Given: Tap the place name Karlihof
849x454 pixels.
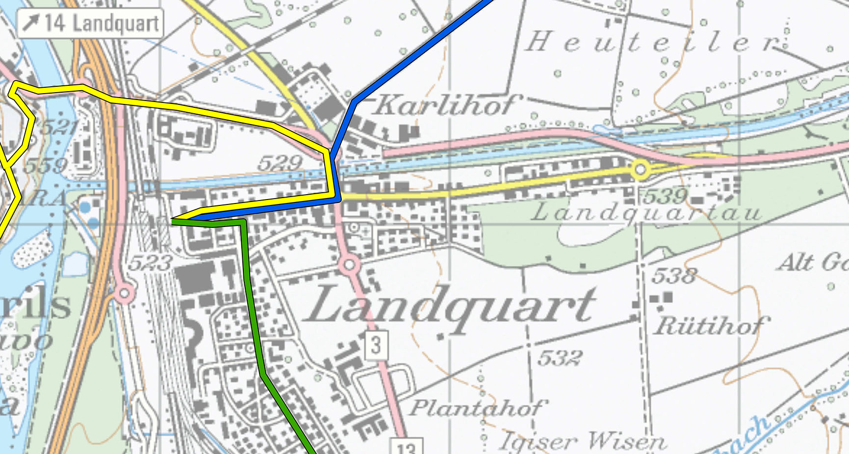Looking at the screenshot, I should [x=444, y=104].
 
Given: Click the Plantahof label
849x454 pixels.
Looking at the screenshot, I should [x=477, y=407].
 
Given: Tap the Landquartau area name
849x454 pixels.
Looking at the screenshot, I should [x=646, y=213].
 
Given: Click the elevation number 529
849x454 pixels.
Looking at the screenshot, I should [x=280, y=163].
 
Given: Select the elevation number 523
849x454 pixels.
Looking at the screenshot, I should [x=150, y=263].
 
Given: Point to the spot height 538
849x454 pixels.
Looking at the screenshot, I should [x=674, y=276].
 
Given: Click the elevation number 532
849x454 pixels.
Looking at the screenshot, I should [x=560, y=358].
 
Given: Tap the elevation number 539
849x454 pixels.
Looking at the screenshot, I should [x=666, y=196].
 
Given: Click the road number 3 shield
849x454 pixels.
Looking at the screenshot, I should [x=376, y=345].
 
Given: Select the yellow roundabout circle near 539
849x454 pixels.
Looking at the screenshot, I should [x=640, y=170].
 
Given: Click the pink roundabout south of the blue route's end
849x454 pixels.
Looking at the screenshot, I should [x=349, y=265].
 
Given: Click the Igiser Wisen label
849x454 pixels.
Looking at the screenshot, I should [x=583, y=441].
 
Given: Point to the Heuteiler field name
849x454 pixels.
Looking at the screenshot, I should [x=652, y=42].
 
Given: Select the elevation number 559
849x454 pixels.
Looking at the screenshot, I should [x=46, y=165].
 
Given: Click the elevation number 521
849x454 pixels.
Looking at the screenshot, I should [x=58, y=127].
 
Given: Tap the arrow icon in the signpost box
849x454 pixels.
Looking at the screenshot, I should [x=31, y=23].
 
